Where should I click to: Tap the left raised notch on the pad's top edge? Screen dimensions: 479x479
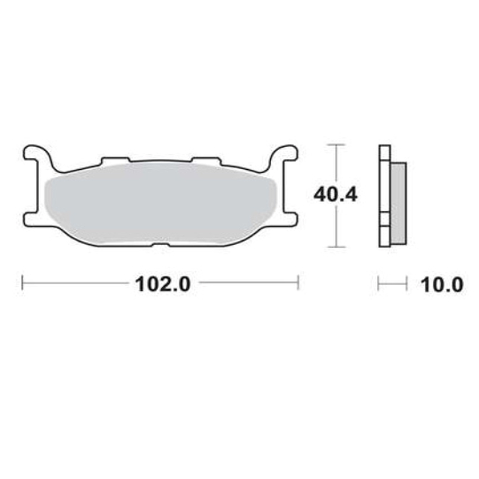click(116, 161)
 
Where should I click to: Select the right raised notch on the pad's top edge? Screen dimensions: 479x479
click(207, 161)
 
